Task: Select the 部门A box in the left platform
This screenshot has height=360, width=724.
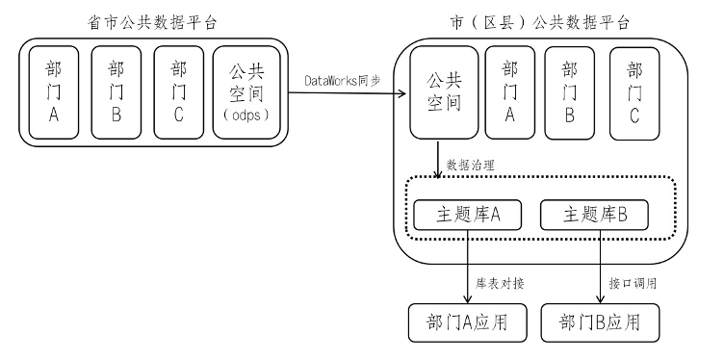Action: click(x=55, y=92)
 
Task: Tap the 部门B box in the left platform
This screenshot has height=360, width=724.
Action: click(x=116, y=92)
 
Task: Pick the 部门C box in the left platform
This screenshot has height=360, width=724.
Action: click(x=178, y=92)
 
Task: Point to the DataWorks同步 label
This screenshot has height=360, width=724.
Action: click(x=342, y=83)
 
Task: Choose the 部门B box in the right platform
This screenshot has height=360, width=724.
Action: click(x=569, y=92)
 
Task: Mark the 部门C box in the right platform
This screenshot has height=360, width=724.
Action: click(x=633, y=92)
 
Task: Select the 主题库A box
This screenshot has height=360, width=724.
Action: click(x=466, y=215)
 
